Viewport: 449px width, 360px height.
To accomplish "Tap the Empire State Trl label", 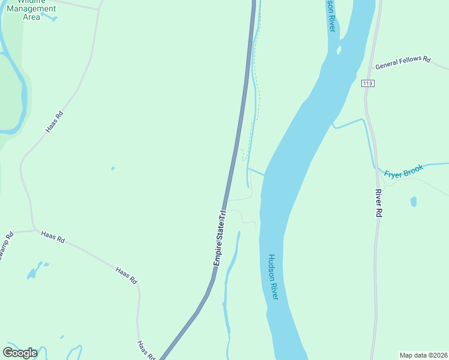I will pyautogui.click(x=220, y=238).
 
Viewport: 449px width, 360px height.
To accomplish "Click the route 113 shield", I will pyautogui.click(x=368, y=83).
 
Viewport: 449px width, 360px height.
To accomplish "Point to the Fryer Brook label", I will pyautogui.click(x=404, y=171).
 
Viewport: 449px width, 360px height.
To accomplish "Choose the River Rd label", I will pyautogui.click(x=379, y=203).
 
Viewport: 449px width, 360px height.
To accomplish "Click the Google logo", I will pyautogui.click(x=20, y=353).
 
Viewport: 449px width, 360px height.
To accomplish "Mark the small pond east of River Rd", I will pyautogui.click(x=414, y=202).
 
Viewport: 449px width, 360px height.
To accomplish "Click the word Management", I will pyautogui.click(x=31, y=9).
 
